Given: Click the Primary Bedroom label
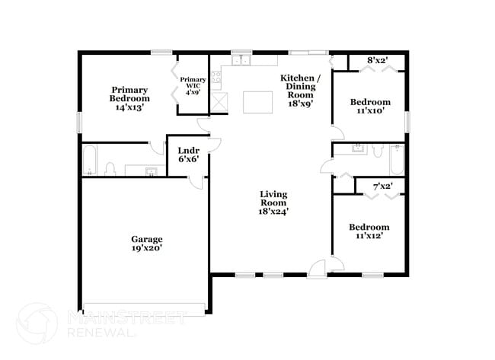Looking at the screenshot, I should pos(129,94).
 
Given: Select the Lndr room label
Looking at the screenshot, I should pos(188,150).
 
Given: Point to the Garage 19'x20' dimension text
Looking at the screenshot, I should pos(145,247).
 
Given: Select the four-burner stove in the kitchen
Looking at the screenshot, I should pos(216,76).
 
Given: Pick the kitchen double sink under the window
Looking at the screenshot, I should pos(242,61).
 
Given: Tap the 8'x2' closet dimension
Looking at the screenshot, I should pos(378,59).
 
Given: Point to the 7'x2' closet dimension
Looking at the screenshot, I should pos(382,186).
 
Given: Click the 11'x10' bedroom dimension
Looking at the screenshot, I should pos(369,110).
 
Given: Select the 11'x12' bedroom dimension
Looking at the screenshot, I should pos(369,236).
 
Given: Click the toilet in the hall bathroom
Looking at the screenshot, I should pos(377,151).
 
